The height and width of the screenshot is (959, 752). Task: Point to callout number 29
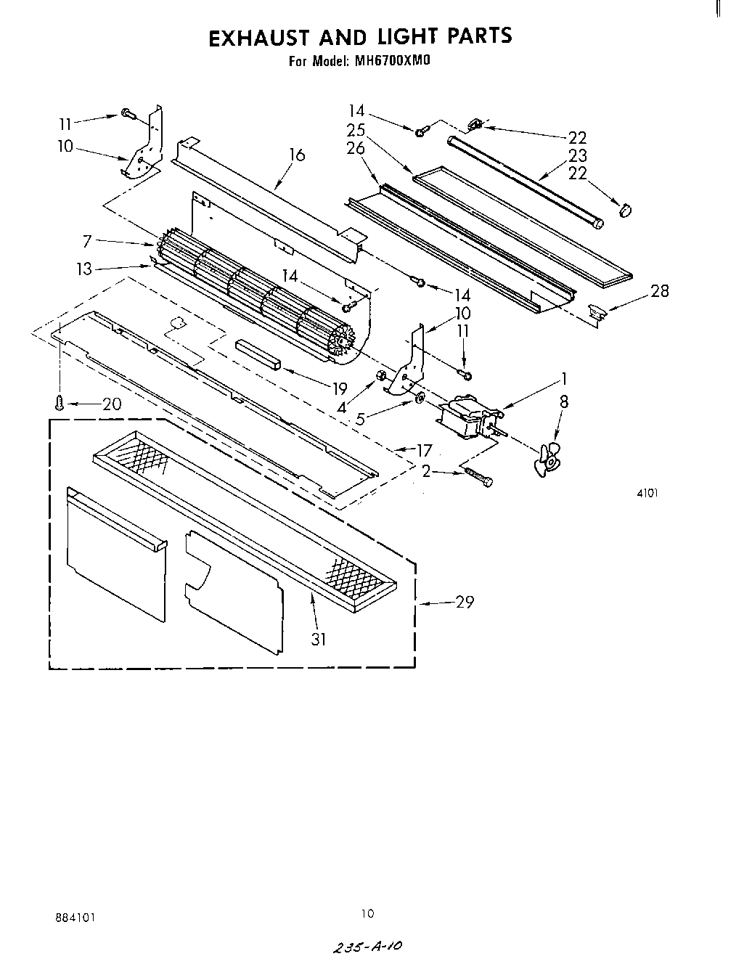click(x=465, y=602)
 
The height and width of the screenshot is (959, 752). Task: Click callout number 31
click(x=319, y=639)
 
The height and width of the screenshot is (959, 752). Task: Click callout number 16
click(x=296, y=155)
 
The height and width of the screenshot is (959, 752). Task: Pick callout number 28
click(x=660, y=291)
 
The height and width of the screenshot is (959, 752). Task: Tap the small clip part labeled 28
click(x=597, y=313)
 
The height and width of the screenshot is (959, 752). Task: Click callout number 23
click(x=578, y=155)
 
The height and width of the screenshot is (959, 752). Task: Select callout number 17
click(x=423, y=451)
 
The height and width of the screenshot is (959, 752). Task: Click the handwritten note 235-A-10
click(x=366, y=947)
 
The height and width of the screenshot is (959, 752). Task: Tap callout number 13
click(x=85, y=269)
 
